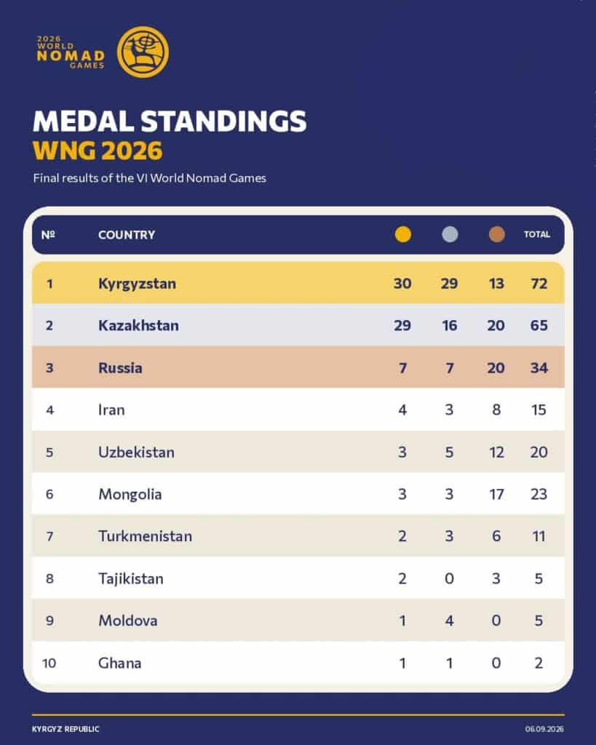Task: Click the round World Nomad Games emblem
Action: pyautogui.click(x=143, y=52)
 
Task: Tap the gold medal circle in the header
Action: pyautogui.click(x=403, y=234)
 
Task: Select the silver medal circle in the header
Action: pyautogui.click(x=450, y=234)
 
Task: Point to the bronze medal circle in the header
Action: pyautogui.click(x=496, y=234)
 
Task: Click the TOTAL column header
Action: pyautogui.click(x=537, y=234)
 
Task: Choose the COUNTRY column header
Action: pyautogui.click(x=127, y=235)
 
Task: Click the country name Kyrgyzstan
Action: pyautogui.click(x=137, y=284)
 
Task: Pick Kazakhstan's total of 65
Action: pyautogui.click(x=539, y=325)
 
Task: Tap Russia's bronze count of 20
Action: pyautogui.click(x=496, y=367)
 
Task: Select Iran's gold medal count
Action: pyautogui.click(x=402, y=410)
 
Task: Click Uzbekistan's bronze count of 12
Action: pyautogui.click(x=496, y=452)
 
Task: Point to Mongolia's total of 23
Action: pyautogui.click(x=539, y=494)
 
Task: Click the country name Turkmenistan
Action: pyautogui.click(x=145, y=536)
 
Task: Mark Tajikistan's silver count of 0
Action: pyautogui.click(x=449, y=578)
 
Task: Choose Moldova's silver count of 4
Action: pyautogui.click(x=449, y=621)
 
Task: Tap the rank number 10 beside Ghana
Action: pyautogui.click(x=49, y=663)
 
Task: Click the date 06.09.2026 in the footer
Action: pyautogui.click(x=544, y=729)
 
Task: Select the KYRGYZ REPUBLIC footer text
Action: pyautogui.click(x=65, y=729)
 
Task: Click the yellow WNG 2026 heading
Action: pyautogui.click(x=98, y=151)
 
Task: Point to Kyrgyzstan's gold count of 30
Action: pyautogui.click(x=402, y=284)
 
